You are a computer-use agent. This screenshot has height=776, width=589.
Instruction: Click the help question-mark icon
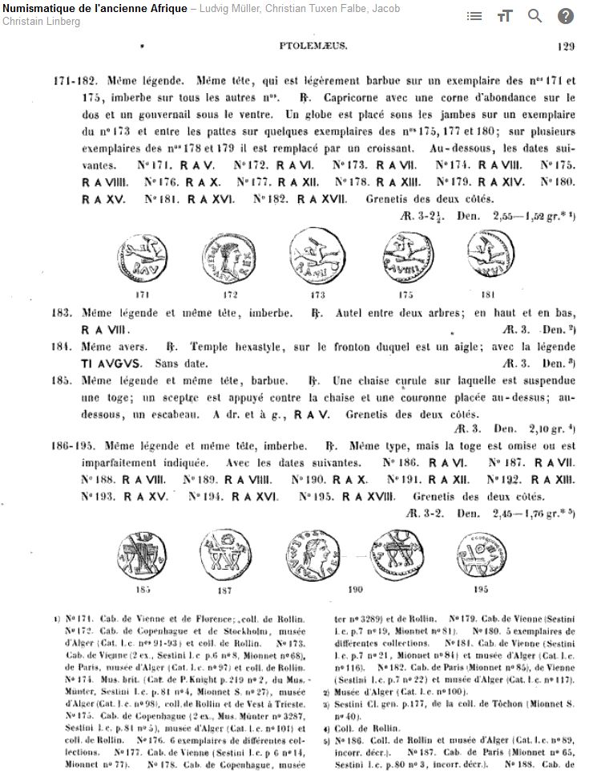click(x=566, y=16)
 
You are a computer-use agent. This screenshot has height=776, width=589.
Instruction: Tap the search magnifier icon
click(x=535, y=16)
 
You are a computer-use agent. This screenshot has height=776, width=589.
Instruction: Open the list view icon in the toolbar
click(x=474, y=16)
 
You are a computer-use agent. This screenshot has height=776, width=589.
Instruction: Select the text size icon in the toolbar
click(x=505, y=16)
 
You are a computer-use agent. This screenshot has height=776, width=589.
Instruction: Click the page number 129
click(x=566, y=47)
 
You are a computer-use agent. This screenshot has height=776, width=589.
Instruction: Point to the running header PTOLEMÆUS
click(x=313, y=47)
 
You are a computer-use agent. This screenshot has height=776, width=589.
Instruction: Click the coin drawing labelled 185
click(x=143, y=556)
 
